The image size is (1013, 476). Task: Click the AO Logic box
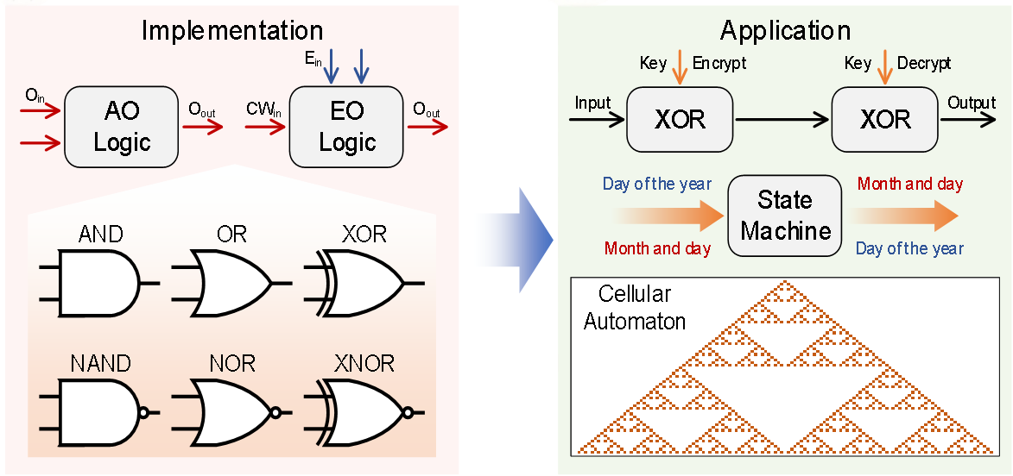click(122, 126)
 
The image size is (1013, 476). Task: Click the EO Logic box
click(347, 126)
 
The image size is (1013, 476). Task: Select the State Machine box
click(785, 216)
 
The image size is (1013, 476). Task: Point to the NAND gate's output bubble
click(144, 412)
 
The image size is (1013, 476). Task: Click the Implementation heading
click(231, 31)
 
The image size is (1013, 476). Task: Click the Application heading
click(785, 31)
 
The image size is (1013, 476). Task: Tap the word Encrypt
click(719, 63)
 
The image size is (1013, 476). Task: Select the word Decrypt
click(924, 63)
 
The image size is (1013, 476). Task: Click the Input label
click(592, 103)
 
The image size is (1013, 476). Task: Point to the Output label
click(972, 103)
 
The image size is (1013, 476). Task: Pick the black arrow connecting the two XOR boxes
click(782, 119)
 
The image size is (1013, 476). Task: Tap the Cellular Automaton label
click(635, 308)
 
